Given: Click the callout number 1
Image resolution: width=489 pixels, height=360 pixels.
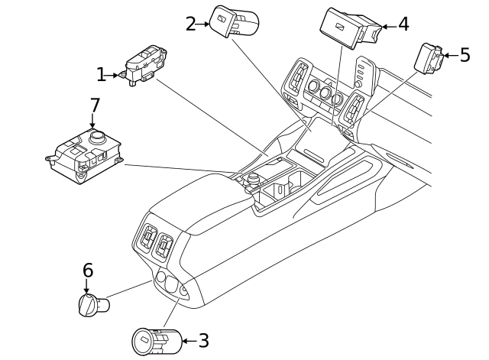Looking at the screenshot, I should point(100,74).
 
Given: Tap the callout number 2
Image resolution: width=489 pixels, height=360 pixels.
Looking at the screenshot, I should point(190,24).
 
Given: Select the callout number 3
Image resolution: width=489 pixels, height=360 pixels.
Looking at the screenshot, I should point(203,340).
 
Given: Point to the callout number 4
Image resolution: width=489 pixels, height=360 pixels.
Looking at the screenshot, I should point(403,24).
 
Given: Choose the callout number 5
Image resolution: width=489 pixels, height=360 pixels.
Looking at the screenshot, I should point(465,55).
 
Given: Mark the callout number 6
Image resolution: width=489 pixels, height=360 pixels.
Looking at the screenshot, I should point(88,270).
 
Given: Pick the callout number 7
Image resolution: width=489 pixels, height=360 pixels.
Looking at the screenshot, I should point(95,105).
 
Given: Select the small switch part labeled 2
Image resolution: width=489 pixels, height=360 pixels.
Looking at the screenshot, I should point(232,21).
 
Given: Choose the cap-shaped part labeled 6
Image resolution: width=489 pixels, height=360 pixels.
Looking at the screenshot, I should point(93,305).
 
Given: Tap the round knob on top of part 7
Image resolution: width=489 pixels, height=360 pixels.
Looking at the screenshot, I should point(98,137).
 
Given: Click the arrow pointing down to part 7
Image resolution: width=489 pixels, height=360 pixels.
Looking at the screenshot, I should point(94,121).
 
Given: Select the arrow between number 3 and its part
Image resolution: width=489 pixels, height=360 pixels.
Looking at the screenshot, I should point(188,340).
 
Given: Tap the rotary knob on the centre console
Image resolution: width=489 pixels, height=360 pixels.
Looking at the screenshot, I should point(252,180).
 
